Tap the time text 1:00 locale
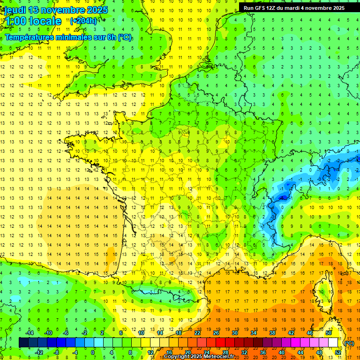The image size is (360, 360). coord(32,21)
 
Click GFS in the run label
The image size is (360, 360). coord(261,8)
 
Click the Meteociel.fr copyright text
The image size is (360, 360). coord(199,357)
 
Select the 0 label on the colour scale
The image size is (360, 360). coord(92,352)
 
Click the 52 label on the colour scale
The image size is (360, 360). coord(338,352)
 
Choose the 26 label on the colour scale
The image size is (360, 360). coord(216,333)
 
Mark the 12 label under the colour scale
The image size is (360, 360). coord(150,352)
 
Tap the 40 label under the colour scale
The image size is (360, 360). coord(282,352)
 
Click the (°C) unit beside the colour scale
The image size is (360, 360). coord(349,343)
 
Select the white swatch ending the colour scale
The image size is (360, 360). coord(333,343)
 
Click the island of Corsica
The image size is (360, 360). coord(322,291)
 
